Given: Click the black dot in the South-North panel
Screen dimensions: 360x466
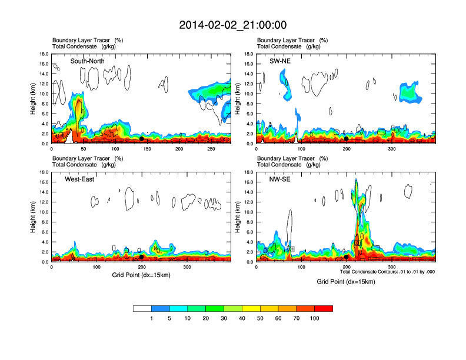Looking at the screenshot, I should point(142,139).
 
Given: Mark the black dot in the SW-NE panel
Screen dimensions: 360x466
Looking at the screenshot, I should point(347,139).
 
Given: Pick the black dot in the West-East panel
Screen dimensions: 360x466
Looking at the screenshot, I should point(142,257).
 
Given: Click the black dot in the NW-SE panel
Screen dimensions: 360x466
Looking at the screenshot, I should point(347,257).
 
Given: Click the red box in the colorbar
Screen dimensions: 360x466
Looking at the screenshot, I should point(324,308).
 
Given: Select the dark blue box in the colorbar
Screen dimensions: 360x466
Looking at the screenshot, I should point(160,308).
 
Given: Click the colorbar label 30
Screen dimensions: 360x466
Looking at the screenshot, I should point(224,318).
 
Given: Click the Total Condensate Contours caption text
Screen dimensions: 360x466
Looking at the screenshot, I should point(387,272).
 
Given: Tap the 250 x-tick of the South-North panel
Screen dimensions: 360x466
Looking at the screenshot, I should point(212,149).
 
